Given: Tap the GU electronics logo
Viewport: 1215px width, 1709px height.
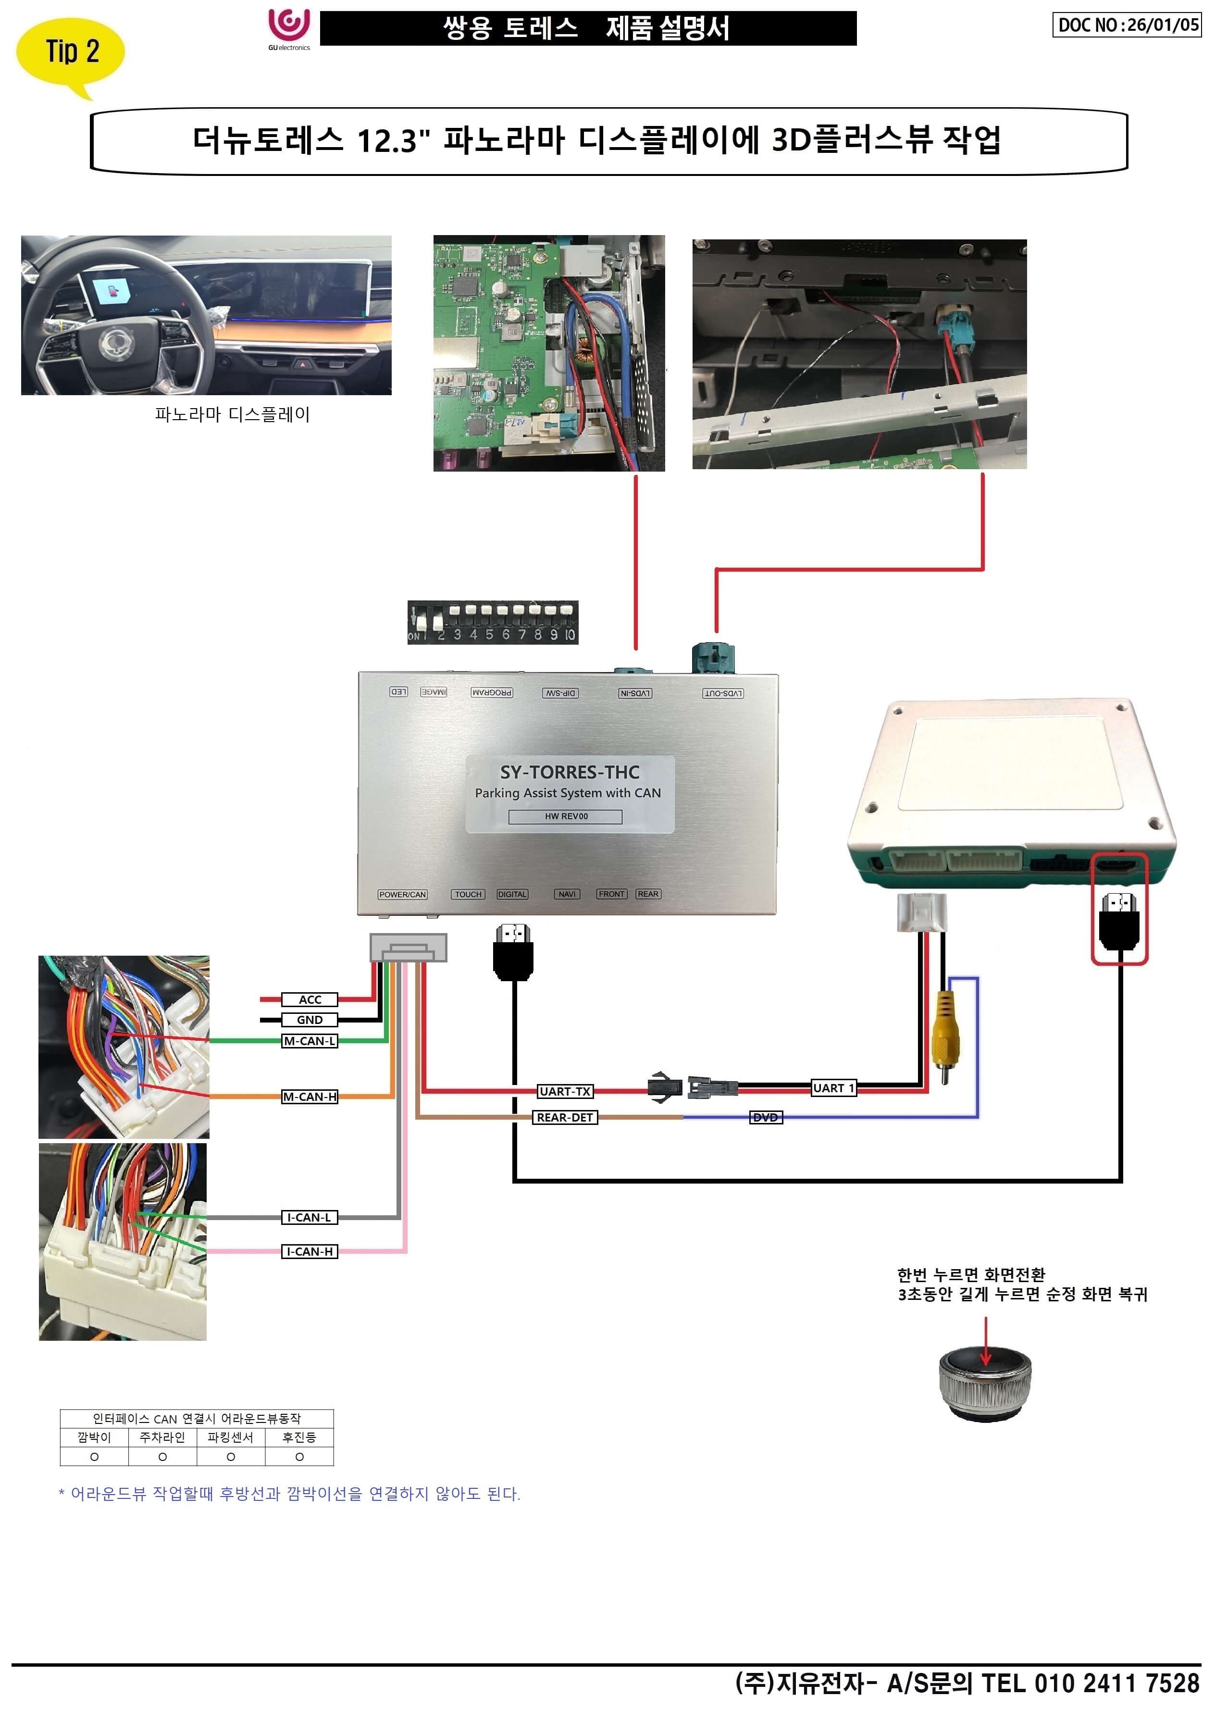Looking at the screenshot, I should [289, 28].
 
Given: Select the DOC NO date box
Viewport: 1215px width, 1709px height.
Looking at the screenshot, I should [1126, 25].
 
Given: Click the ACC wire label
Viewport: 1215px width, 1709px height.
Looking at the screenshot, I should [310, 999].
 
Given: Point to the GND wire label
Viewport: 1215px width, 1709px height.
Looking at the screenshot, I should [310, 1020].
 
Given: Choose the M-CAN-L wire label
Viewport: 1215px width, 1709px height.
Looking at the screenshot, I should [310, 1041].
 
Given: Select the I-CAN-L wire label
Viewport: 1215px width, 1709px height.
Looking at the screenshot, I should [310, 1217].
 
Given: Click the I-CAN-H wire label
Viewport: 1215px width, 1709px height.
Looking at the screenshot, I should [310, 1251].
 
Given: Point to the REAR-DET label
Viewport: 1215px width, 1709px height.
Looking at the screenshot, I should [565, 1117].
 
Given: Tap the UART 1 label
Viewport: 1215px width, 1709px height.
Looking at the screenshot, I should [833, 1088].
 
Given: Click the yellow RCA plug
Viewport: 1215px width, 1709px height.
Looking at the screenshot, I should [945, 1033].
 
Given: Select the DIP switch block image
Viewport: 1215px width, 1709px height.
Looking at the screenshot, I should [492, 622].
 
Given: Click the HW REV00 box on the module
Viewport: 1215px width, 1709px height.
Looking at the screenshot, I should [566, 816].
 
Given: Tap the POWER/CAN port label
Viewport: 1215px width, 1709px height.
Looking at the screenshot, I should [402, 894].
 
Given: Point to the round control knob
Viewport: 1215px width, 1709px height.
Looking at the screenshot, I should [985, 1383].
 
